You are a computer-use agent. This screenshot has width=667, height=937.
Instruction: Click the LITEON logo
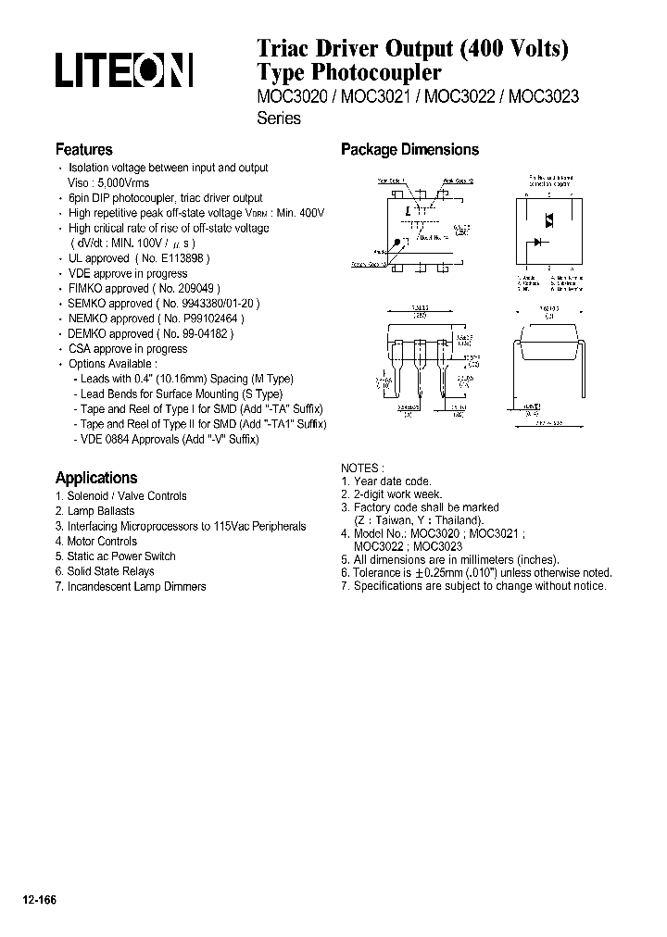(124, 71)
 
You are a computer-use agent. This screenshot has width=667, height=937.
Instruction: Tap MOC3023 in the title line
(543, 96)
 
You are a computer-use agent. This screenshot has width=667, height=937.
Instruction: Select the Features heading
(83, 149)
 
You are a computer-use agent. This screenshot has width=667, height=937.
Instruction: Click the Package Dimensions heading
(409, 149)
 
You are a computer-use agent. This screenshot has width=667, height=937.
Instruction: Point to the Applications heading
(95, 478)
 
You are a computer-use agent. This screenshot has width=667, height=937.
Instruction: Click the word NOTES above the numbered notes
(361, 468)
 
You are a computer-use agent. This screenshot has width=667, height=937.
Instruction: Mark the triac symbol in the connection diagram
(548, 220)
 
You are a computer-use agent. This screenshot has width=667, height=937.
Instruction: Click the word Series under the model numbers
(278, 119)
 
